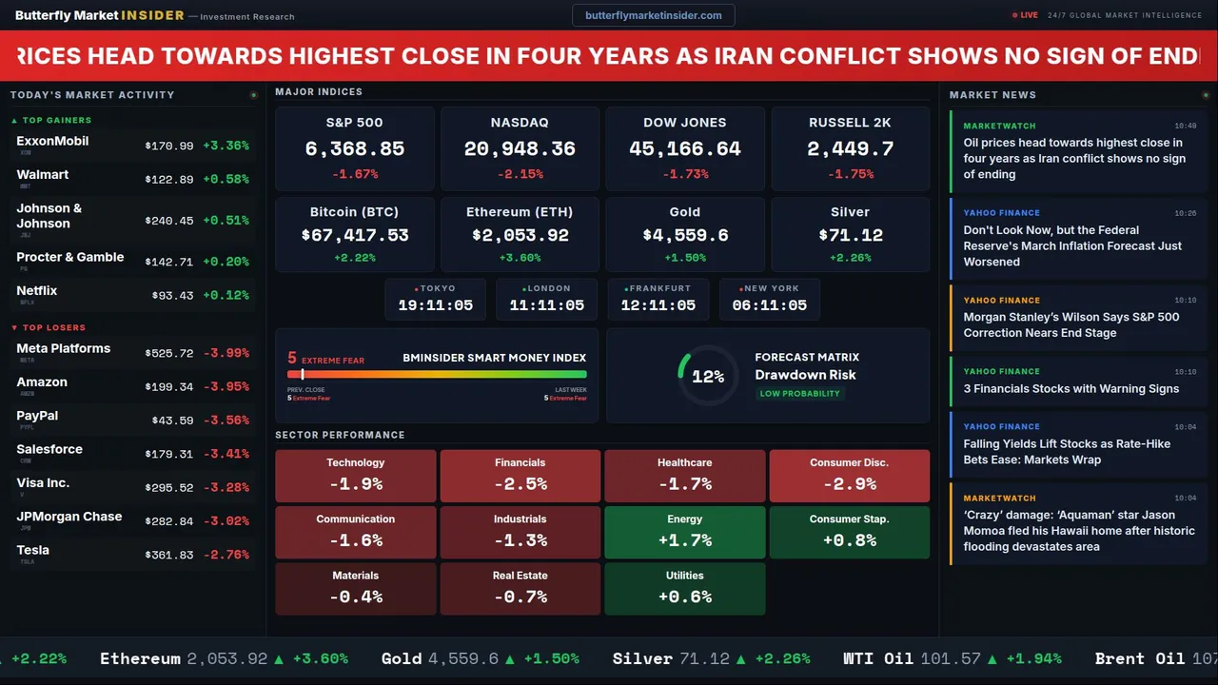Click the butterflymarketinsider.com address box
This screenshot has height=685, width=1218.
tap(653, 15)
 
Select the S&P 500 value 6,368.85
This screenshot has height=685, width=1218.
tap(354, 149)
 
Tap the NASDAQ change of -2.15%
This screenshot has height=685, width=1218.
tap(520, 174)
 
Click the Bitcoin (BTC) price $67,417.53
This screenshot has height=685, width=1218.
tap(354, 235)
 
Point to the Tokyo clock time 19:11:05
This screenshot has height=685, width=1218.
tap(435, 305)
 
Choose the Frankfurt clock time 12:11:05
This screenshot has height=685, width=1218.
tap(658, 305)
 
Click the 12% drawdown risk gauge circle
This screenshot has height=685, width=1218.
tap(707, 376)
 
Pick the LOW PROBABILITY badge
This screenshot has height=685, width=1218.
tap(799, 394)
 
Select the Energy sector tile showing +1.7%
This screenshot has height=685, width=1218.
tap(684, 532)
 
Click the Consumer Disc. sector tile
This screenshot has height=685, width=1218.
tap(849, 476)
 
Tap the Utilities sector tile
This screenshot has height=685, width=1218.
tap(684, 588)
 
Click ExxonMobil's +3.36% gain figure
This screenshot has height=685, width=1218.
tap(226, 146)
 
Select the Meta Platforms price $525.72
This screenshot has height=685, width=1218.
tap(169, 353)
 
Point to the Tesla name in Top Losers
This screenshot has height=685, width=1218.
tap(33, 550)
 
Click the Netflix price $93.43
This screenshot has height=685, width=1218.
tap(172, 296)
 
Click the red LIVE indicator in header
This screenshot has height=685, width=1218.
tap(1026, 15)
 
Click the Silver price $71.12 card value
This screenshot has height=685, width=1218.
tap(850, 235)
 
